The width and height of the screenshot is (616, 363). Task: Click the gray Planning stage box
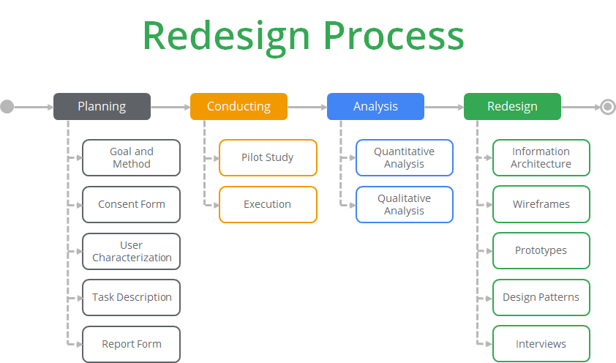pyautogui.click(x=102, y=106)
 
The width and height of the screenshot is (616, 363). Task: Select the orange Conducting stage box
pyautogui.click(x=238, y=106)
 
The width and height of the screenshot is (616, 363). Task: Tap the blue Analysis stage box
pyautogui.click(x=375, y=106)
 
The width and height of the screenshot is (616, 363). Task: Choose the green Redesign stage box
pyautogui.click(x=512, y=106)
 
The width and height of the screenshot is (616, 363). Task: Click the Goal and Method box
pyautogui.click(x=131, y=157)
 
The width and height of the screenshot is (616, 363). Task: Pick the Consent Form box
pyautogui.click(x=131, y=204)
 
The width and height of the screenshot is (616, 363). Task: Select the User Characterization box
pyautogui.click(x=131, y=252)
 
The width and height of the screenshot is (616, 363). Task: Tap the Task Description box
pyautogui.click(x=131, y=297)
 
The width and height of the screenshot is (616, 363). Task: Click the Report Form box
pyautogui.click(x=131, y=344)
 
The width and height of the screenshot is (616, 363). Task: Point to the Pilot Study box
pyautogui.click(x=268, y=157)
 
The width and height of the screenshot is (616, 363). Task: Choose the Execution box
pyautogui.click(x=268, y=204)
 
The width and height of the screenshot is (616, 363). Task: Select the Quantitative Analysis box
pyautogui.click(x=405, y=157)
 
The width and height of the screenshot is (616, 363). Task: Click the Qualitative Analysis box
pyautogui.click(x=405, y=204)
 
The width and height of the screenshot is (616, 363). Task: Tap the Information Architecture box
pyautogui.click(x=541, y=157)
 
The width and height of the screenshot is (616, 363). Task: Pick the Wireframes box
pyautogui.click(x=541, y=204)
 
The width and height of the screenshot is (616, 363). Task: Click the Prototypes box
pyautogui.click(x=541, y=250)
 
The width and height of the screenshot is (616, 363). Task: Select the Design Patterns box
pyautogui.click(x=541, y=297)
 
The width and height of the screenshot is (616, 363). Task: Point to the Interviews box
pyautogui.click(x=541, y=344)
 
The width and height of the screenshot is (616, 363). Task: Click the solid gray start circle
pyautogui.click(x=7, y=106)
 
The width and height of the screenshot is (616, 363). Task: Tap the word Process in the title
pyautogui.click(x=394, y=36)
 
